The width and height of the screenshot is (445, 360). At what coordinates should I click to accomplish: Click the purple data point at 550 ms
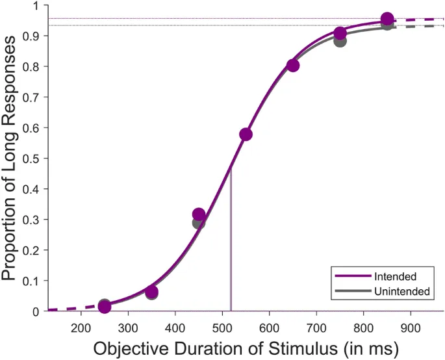click(246, 135)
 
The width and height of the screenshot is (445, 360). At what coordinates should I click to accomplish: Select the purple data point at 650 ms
click(293, 65)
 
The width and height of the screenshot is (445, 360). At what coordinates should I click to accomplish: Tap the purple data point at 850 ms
click(387, 19)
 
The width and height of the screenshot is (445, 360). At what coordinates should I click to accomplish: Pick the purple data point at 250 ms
click(105, 307)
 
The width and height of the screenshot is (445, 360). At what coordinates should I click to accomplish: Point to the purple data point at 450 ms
click(199, 214)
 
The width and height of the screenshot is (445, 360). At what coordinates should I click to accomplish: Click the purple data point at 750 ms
click(340, 34)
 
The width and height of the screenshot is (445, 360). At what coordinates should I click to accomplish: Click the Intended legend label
click(395, 277)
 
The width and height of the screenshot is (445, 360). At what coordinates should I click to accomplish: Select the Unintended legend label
click(402, 292)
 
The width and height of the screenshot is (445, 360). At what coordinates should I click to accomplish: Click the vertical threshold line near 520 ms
click(231, 247)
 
